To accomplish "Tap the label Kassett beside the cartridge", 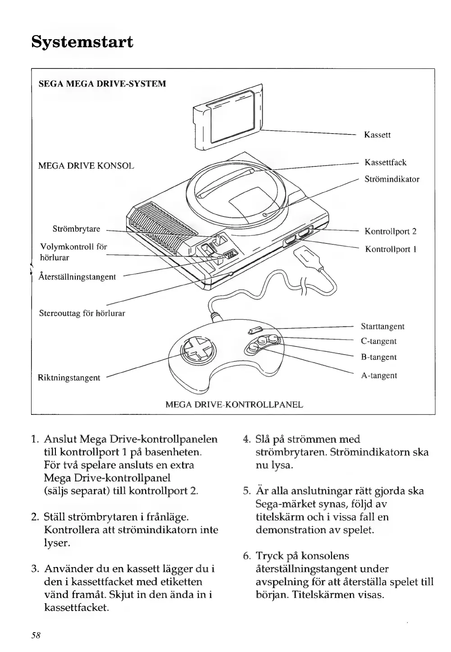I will (377, 135).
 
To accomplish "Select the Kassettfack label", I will (385, 162).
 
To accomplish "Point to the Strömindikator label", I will (392, 179).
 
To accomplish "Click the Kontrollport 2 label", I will (390, 232).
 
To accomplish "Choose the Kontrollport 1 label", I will (390, 249).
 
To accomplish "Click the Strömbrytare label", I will (76, 229).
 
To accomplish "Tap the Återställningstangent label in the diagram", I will (77, 277).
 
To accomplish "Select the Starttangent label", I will (383, 326).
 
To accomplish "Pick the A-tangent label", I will (378, 375).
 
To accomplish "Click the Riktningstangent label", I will (69, 378).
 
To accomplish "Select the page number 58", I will (36, 635).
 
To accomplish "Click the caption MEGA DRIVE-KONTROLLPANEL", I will (234, 405).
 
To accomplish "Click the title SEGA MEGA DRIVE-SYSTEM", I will (102, 84).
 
